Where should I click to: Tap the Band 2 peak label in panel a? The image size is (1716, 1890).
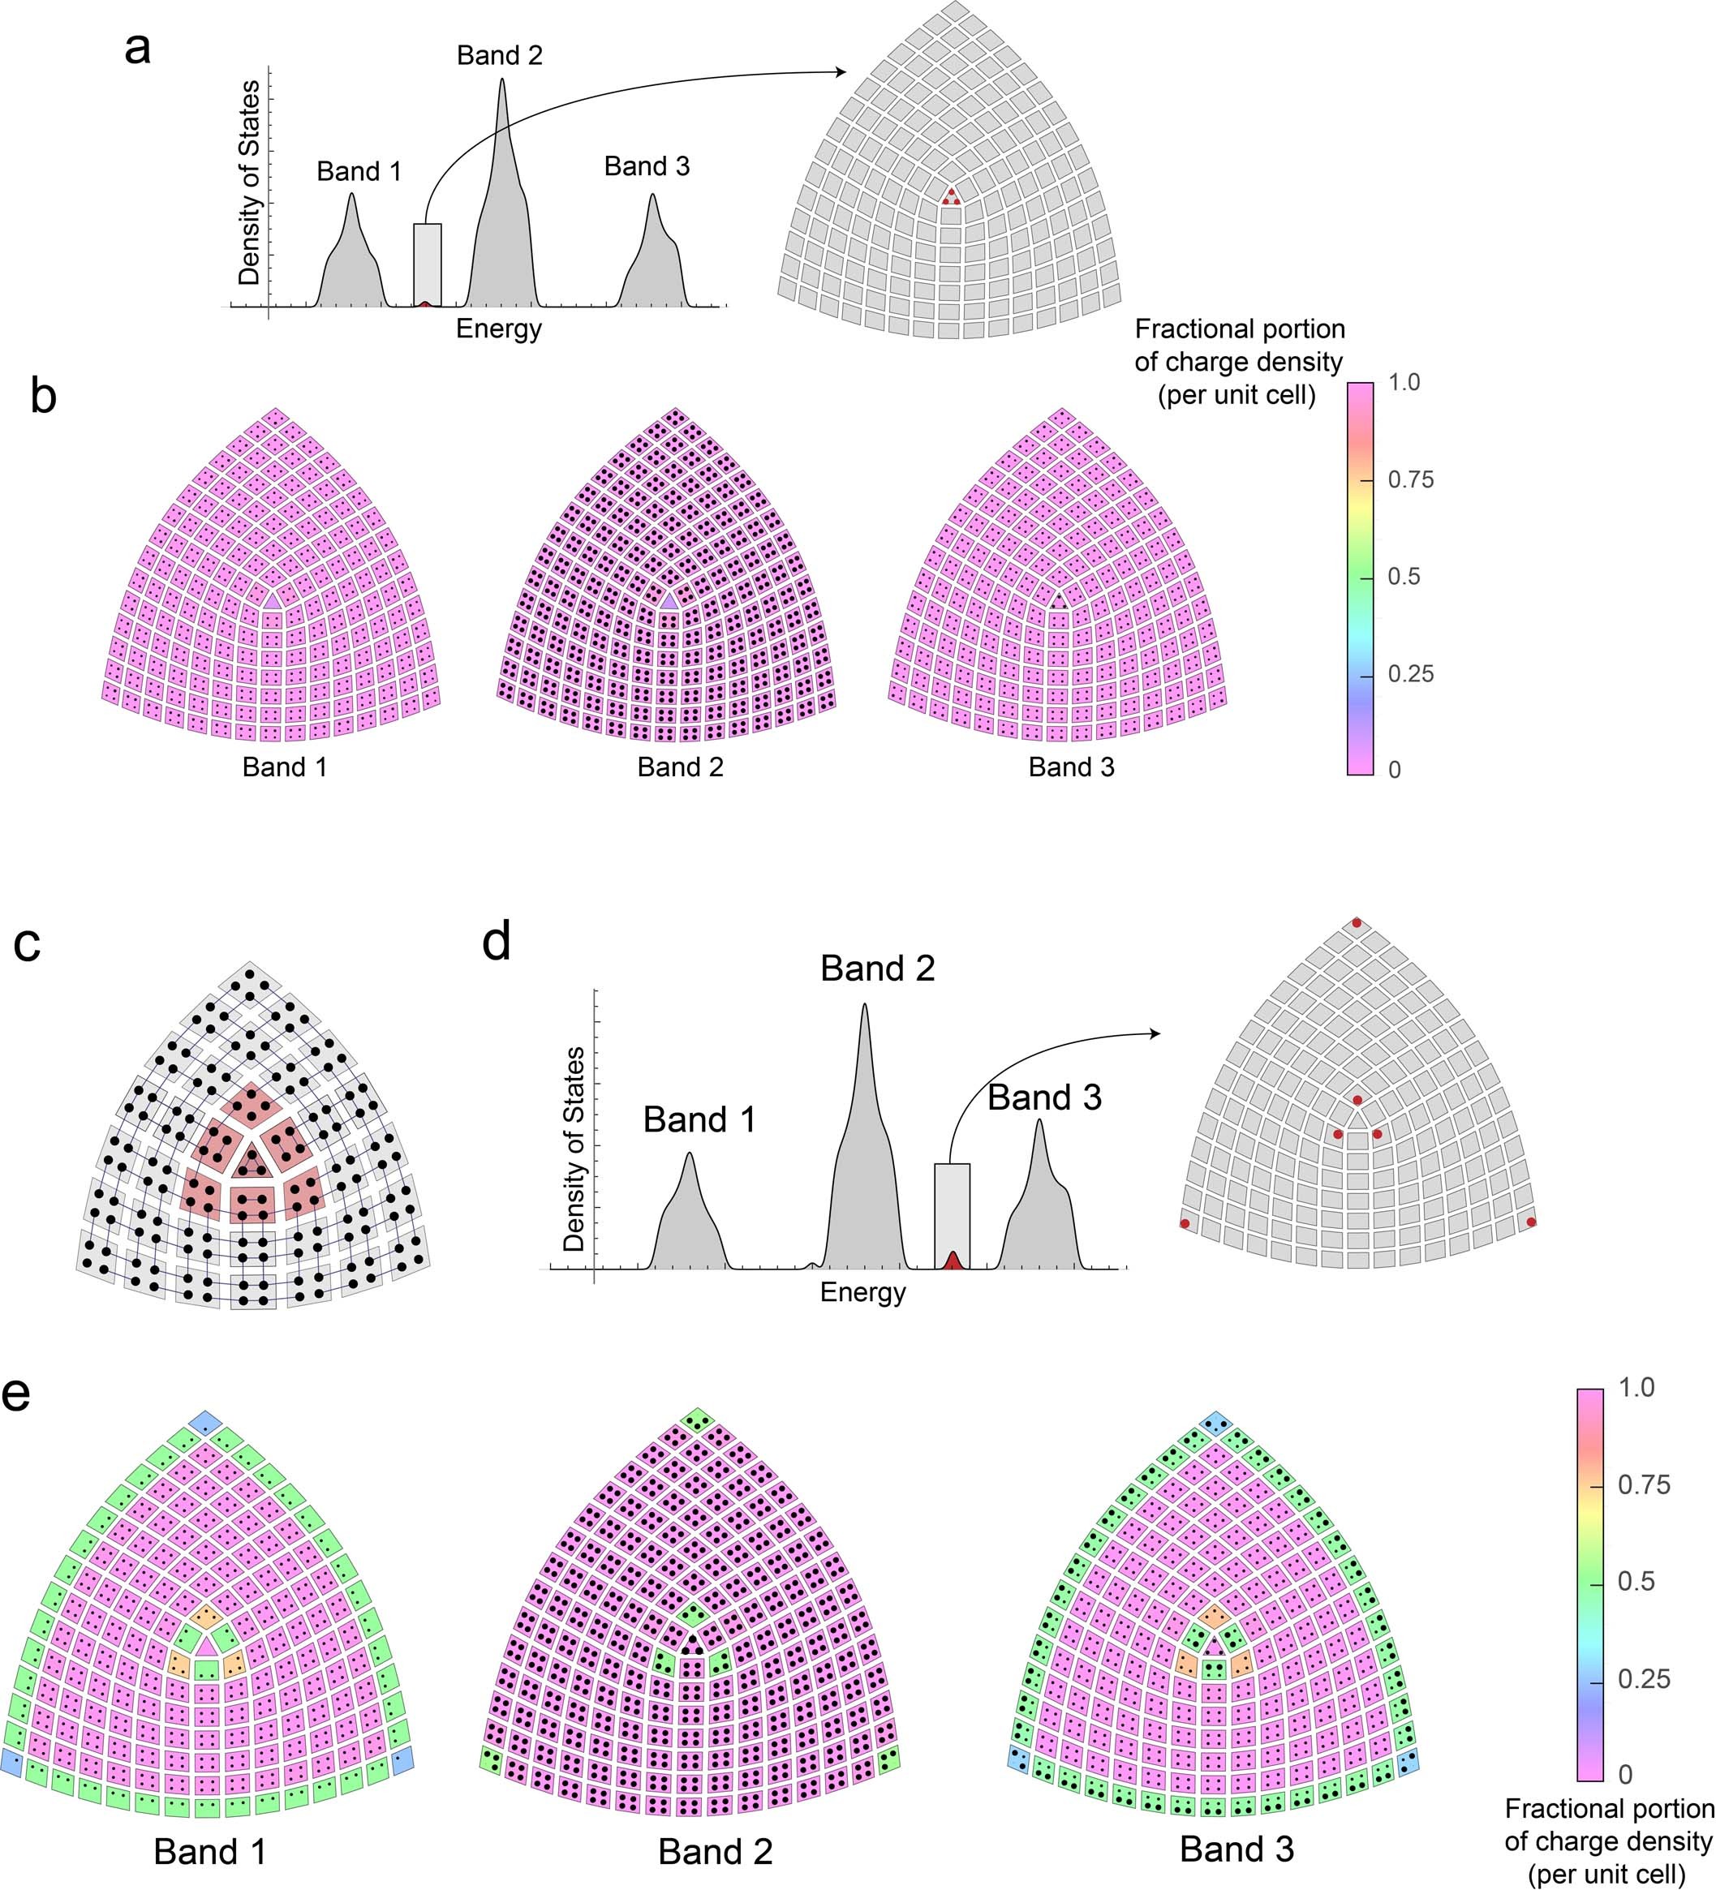point(499,55)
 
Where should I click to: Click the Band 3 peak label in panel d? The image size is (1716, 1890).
point(1043,1097)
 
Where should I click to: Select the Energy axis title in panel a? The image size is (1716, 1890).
point(498,329)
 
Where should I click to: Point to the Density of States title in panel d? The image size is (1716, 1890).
point(574,1149)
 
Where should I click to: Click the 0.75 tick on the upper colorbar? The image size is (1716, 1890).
point(1410,480)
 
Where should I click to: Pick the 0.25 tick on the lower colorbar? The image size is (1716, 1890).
point(1644,1679)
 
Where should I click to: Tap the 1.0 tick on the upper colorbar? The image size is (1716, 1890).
point(1404,383)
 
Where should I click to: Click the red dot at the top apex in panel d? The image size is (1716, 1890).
point(1356,923)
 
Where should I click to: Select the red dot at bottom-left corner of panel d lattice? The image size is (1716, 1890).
point(1185,1223)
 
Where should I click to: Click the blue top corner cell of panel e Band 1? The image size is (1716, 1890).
point(204,1422)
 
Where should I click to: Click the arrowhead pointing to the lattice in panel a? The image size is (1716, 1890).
point(841,72)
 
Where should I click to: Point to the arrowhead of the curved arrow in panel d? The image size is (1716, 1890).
point(1155,1033)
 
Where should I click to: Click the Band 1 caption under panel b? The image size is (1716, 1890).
point(284,767)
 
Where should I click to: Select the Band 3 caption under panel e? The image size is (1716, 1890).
point(1236,1849)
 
